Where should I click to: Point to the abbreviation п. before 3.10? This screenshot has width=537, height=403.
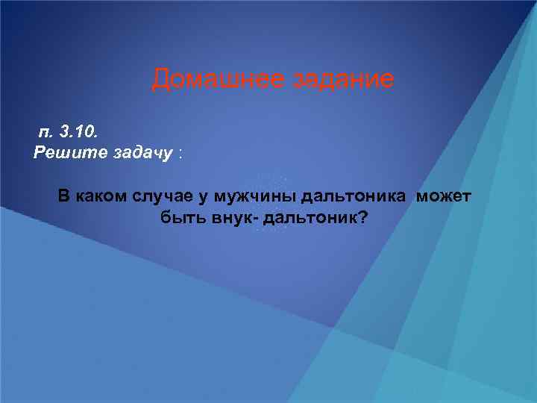[x=46, y=133]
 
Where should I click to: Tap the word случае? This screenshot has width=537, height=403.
[x=160, y=197]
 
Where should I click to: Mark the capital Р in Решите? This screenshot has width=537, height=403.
[x=39, y=153]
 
